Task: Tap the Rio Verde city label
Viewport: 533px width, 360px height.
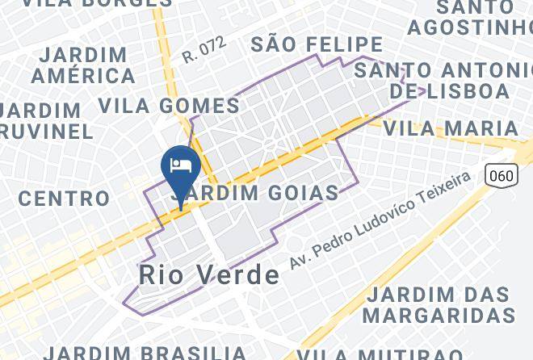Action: point(209,274)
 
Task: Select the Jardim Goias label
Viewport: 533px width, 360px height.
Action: point(254,193)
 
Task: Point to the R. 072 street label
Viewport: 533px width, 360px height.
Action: point(204,51)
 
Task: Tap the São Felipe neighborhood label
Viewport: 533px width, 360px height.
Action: point(316,44)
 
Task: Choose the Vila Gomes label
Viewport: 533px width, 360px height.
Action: point(169,105)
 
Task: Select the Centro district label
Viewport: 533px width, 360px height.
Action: point(64,198)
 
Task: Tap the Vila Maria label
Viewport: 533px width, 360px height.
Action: point(450,128)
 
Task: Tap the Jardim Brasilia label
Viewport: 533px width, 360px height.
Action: point(145,353)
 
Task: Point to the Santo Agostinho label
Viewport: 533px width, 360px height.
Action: point(469,18)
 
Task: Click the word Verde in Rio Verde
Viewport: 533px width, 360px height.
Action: point(239,274)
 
